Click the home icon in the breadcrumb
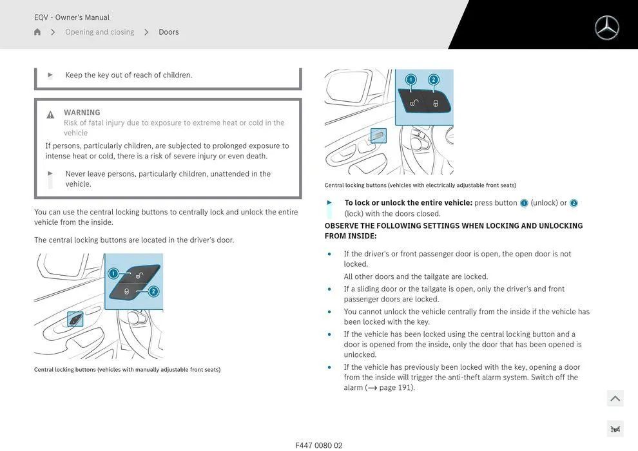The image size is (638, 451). tap(37, 32)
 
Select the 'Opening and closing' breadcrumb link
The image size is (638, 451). tap(99, 32)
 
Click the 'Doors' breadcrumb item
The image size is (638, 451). tap(169, 32)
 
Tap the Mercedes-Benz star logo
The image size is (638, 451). tap(606, 28)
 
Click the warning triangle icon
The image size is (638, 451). tap(50, 115)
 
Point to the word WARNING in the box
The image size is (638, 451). tap(82, 112)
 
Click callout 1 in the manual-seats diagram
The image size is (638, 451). tap(113, 273)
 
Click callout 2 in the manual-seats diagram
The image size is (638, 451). tap(153, 291)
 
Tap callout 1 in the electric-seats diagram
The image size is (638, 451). tap(411, 80)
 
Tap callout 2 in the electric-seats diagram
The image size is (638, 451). tap(433, 80)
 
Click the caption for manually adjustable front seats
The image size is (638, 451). tap(127, 370)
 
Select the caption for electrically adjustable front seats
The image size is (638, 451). tap(420, 186)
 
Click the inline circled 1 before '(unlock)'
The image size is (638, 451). tap(524, 203)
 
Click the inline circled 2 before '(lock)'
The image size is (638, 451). tap(574, 203)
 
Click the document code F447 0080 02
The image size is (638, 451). tap(319, 445)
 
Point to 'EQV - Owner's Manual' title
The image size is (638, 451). tap(72, 17)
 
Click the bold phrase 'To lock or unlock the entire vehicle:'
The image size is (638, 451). tap(409, 203)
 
